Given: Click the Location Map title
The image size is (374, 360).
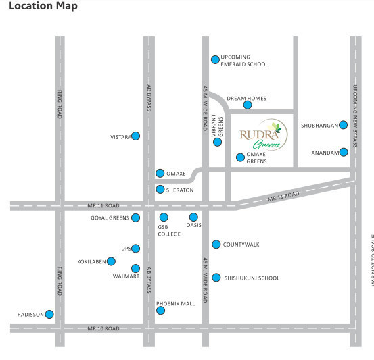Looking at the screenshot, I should click(43, 6).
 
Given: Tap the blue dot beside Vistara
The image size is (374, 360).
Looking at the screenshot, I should click(135, 136).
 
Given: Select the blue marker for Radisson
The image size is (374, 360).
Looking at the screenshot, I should click(49, 314).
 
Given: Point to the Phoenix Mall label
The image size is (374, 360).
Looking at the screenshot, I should click(175, 303).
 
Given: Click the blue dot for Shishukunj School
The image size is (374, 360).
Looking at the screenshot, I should click(216, 278).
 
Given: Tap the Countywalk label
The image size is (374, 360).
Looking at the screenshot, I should click(241, 245).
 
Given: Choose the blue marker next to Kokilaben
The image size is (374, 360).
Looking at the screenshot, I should click(111, 261).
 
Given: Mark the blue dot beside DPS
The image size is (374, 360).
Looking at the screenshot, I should click(135, 249).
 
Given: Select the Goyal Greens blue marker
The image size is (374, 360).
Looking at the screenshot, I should click(135, 217).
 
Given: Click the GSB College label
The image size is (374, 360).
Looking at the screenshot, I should click(169, 230).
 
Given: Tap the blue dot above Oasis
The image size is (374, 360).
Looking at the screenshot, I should click(193, 217).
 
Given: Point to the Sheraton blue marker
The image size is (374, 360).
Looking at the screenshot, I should click(160, 190).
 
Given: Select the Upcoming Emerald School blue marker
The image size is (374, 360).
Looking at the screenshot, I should click(215, 59).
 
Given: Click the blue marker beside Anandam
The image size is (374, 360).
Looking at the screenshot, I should click(344, 152).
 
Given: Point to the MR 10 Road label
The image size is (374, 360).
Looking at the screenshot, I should click(103, 328).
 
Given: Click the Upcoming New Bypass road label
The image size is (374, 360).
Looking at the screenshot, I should click(355, 115).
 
